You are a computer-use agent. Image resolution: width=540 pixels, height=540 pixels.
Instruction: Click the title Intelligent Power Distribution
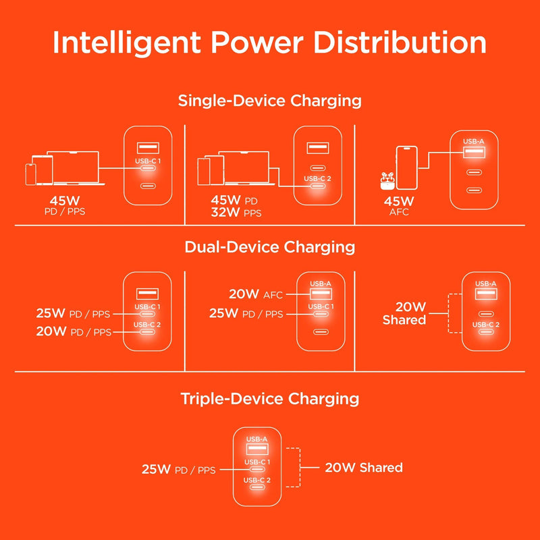270,43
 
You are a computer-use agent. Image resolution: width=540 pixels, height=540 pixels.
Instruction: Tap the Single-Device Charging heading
270,101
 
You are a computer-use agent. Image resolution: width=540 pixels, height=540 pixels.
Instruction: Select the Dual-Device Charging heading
270,247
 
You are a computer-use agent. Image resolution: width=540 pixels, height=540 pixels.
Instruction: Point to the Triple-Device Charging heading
270,398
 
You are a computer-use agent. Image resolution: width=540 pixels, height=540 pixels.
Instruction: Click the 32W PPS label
236,213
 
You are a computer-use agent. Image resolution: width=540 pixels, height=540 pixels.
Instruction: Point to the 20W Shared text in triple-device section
364,467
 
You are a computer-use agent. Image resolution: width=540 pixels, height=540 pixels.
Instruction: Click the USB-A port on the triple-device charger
256,448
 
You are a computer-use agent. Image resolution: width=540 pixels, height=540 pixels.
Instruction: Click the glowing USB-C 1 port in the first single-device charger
147,169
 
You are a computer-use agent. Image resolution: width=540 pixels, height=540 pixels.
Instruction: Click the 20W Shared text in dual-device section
404,313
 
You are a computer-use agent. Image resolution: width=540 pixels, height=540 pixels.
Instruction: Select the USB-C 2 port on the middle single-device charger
317,188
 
